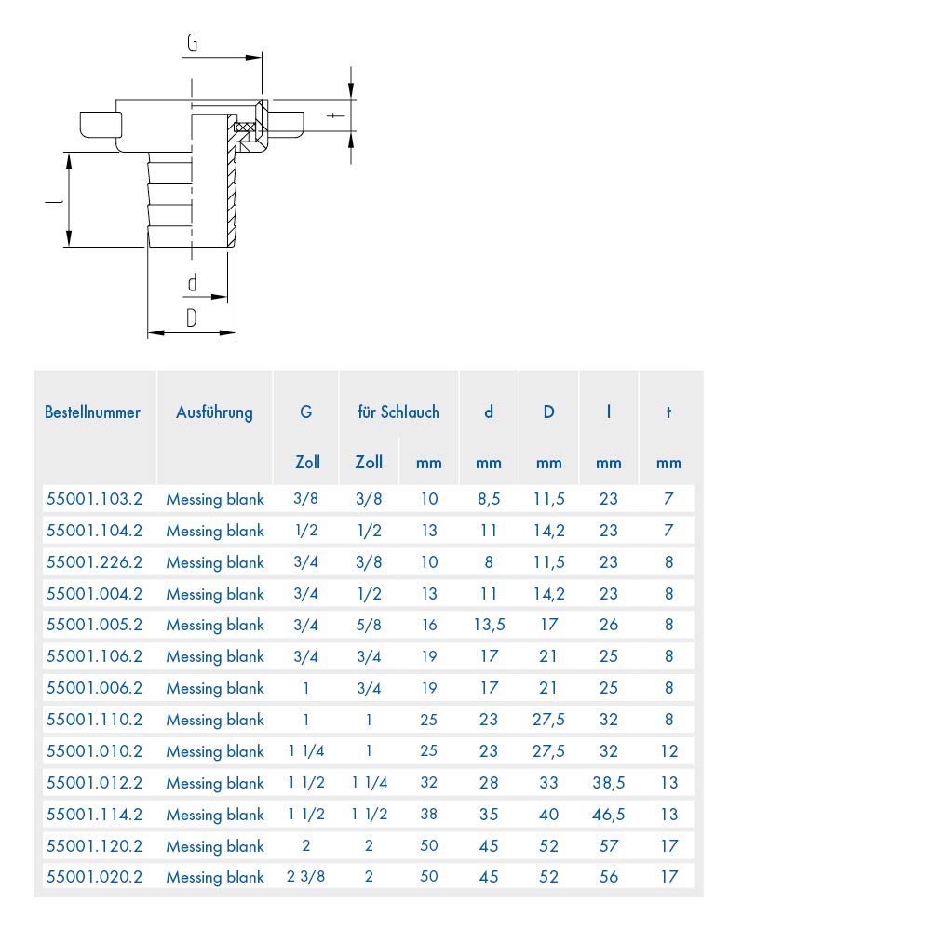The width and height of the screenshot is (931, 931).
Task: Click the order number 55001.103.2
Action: [x=94, y=499]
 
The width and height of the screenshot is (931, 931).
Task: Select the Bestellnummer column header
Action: [x=92, y=412]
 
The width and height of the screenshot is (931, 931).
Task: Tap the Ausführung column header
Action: [x=214, y=412]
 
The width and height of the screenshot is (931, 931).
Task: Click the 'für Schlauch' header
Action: [x=398, y=412]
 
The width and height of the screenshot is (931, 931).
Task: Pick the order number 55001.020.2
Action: [x=94, y=877]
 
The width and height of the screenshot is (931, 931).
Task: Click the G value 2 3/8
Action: [x=305, y=877]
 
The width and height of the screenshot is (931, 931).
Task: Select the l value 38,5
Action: [x=609, y=783]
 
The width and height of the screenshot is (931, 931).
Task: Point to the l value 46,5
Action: [x=609, y=815]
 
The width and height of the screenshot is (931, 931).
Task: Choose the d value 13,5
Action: [x=490, y=626]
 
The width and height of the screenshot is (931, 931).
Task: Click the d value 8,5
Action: [x=490, y=499]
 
